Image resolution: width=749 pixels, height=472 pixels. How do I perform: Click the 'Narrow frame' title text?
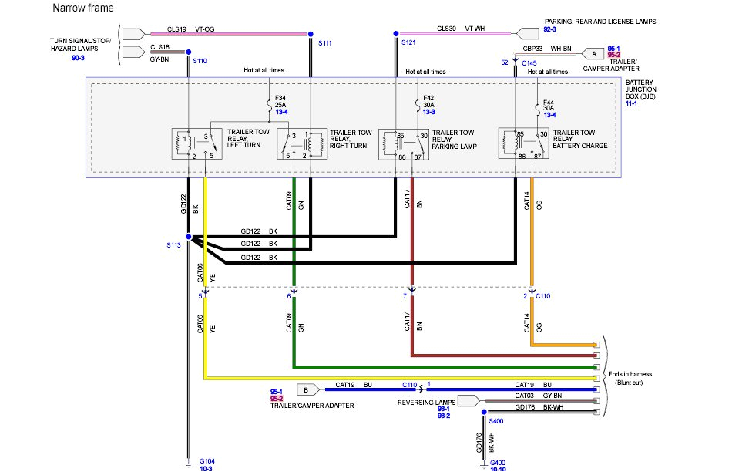(x=83, y=8)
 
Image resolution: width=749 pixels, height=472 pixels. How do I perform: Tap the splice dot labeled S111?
(x=311, y=34)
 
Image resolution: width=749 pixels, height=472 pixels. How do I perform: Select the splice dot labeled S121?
(x=395, y=34)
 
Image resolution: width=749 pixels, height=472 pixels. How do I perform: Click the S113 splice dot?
(x=189, y=237)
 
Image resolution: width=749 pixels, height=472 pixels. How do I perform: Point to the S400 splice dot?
(x=484, y=413)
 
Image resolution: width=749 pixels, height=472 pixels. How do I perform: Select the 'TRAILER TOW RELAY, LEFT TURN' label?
(x=248, y=140)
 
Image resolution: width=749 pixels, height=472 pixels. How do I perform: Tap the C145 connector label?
(x=529, y=62)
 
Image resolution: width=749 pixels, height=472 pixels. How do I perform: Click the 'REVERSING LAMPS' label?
(x=425, y=402)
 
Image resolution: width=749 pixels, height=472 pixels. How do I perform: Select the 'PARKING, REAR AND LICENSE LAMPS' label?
(x=600, y=22)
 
